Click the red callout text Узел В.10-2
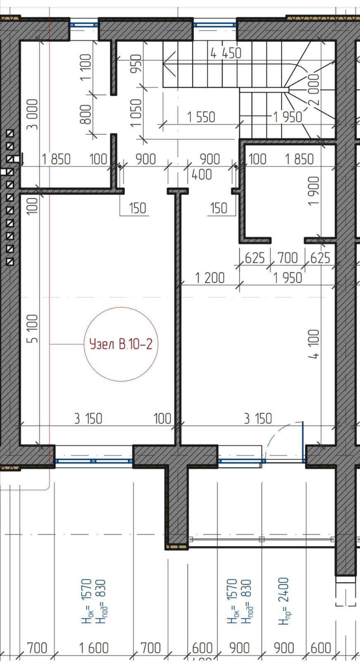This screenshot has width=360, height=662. (x=121, y=344)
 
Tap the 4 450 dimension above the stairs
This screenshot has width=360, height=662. (x=226, y=53)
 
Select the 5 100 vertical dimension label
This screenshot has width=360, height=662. (x=33, y=328)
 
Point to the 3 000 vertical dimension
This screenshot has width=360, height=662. (x=33, y=114)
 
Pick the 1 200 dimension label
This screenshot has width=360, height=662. (x=210, y=278)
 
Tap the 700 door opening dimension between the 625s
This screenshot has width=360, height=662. (x=287, y=258)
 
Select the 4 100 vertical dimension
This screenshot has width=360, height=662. (x=314, y=344)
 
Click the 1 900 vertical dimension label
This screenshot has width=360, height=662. (x=314, y=191)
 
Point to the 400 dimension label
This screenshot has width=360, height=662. (x=202, y=174)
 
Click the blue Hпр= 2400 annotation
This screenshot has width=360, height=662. (x=283, y=601)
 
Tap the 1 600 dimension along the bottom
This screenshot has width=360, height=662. (x=94, y=648)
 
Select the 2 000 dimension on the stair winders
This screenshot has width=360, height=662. (x=314, y=90)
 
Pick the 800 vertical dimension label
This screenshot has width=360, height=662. (x=86, y=114)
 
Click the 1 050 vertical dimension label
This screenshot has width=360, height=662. (x=136, y=112)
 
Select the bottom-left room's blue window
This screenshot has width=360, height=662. (x=94, y=461)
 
